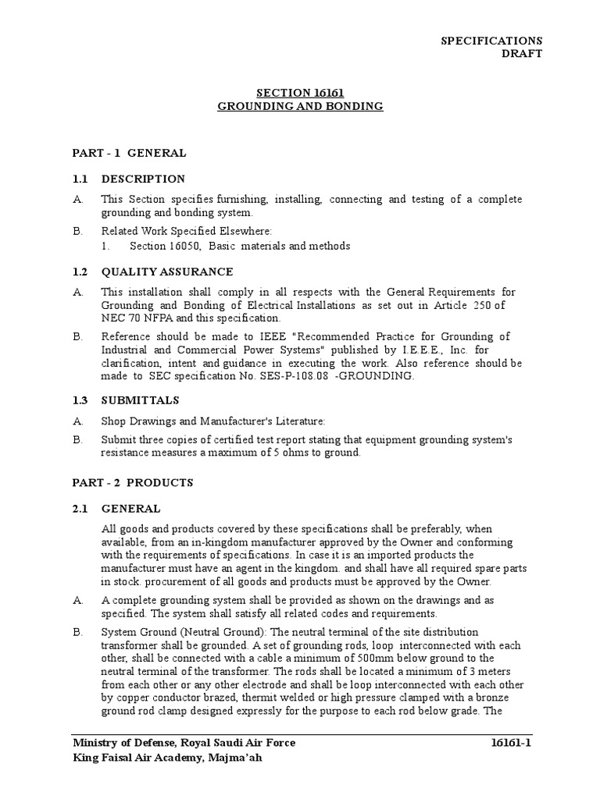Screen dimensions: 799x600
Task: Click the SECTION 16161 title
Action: (x=300, y=93)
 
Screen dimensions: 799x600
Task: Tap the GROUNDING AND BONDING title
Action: (x=300, y=106)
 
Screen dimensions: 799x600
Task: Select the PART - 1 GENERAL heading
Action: (x=129, y=153)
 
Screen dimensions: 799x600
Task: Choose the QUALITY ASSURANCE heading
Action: (x=167, y=272)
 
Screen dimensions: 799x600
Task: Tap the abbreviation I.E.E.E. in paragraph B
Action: (x=359, y=350)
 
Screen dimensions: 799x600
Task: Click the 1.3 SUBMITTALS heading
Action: (x=134, y=402)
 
